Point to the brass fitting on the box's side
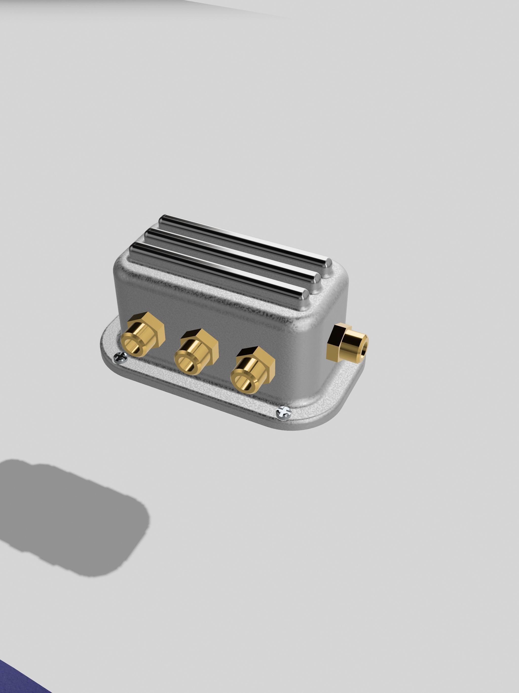347,343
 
